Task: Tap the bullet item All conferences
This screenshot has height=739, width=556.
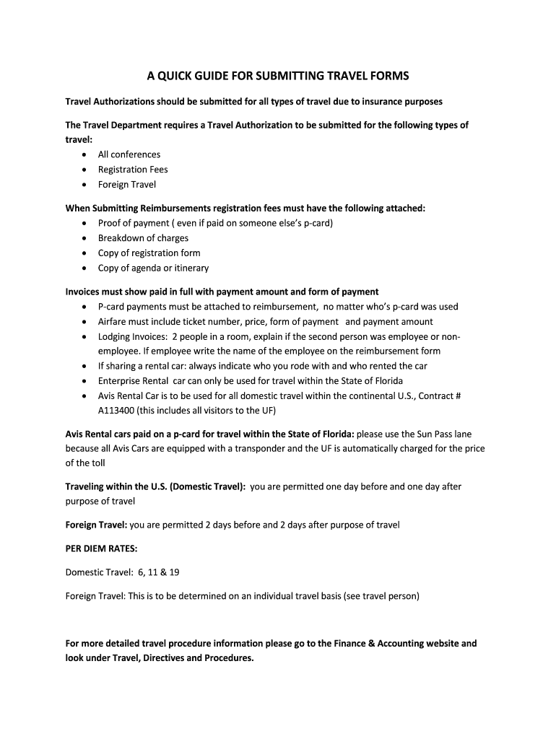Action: tap(129, 154)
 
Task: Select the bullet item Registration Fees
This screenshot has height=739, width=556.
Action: tap(133, 170)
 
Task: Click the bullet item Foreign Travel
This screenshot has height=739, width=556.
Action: tap(127, 185)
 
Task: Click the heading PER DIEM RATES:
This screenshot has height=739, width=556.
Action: tap(96, 548)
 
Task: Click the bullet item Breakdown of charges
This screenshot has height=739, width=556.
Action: tap(143, 238)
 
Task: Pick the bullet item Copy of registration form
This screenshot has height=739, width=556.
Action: tap(149, 253)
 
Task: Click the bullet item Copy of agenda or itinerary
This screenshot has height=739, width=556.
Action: tap(153, 268)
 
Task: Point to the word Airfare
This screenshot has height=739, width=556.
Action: tap(114, 322)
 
